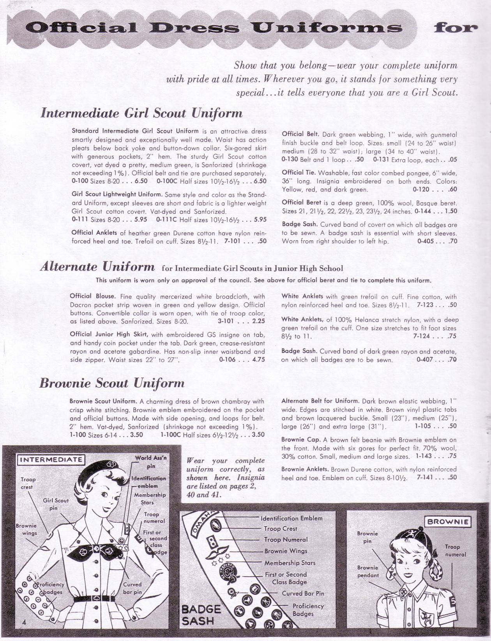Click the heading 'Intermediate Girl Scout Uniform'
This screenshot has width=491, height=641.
point(141,114)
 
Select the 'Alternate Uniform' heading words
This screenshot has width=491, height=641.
point(97,267)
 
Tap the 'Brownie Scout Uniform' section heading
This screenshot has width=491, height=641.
point(112,384)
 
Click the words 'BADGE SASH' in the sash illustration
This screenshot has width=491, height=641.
point(201,615)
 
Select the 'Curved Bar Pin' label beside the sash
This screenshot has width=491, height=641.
point(303,593)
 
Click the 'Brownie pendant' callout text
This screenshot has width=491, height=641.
point(368,571)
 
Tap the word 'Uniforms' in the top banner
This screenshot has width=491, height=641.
point(327,28)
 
